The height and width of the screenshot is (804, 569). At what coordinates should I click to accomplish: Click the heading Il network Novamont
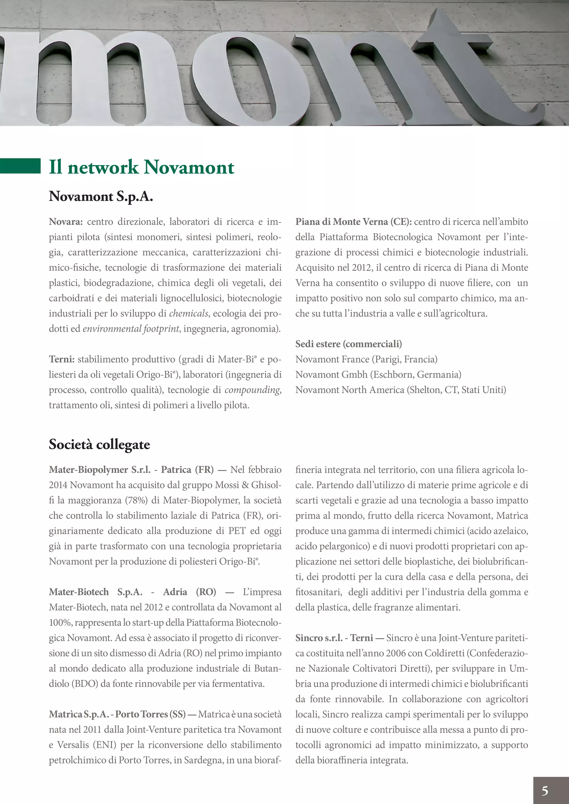tap(141, 167)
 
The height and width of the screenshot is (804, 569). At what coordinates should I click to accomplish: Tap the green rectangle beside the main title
tap(20, 166)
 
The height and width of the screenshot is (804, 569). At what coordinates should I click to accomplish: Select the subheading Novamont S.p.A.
tap(101, 197)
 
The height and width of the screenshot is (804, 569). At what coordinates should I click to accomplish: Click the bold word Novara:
tap(66, 222)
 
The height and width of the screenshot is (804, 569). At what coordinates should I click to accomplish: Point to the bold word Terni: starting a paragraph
tap(61, 359)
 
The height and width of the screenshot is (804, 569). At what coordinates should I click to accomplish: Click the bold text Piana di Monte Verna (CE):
tap(353, 222)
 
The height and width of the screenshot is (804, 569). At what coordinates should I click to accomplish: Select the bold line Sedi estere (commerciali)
tap(348, 344)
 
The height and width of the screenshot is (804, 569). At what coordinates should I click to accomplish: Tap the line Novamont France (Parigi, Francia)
tap(366, 359)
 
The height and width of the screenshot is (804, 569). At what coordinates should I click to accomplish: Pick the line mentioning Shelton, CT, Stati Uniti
tap(400, 390)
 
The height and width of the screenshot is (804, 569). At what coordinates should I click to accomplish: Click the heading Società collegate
tap(99, 444)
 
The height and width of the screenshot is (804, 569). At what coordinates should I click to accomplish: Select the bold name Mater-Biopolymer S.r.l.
tap(99, 469)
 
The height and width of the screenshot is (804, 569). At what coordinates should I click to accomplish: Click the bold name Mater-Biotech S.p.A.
tap(95, 592)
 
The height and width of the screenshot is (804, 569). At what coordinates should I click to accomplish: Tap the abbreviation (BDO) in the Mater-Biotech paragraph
tap(84, 684)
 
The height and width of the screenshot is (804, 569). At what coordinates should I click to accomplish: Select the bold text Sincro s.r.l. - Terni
tap(334, 638)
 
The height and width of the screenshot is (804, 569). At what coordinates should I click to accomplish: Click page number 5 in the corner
tap(545, 790)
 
